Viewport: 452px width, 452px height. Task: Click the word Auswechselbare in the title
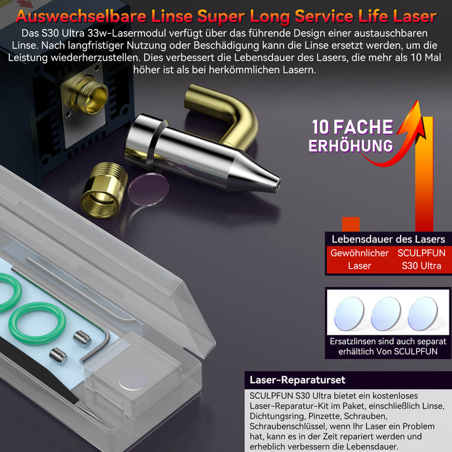click(x=81, y=16)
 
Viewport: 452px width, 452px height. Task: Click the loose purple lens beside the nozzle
click(x=148, y=189)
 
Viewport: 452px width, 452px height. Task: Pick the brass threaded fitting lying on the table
click(x=104, y=190)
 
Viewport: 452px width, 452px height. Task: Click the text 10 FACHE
click(x=352, y=127)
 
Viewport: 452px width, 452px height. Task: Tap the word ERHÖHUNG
click(x=350, y=146)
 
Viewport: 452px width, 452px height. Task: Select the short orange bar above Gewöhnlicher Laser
click(x=351, y=224)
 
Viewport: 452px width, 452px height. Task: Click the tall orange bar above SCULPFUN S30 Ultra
click(x=424, y=174)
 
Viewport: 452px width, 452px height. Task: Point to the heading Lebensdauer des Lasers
click(x=388, y=239)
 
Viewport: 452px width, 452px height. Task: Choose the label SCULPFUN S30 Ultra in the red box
click(x=421, y=259)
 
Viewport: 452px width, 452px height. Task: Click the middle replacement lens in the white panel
click(x=385, y=314)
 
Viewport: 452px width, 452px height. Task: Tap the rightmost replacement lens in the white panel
click(x=422, y=314)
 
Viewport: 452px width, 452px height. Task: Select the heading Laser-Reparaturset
click(x=297, y=380)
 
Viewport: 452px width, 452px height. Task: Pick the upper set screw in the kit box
click(x=82, y=338)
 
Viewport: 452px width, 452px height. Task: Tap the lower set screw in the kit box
click(x=58, y=356)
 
